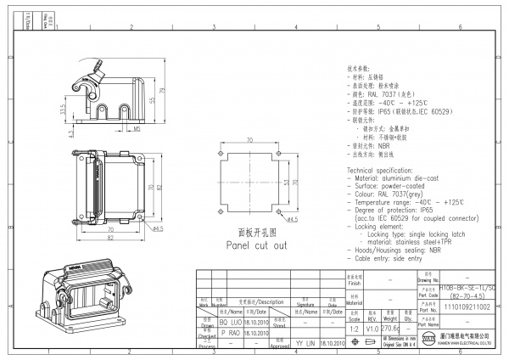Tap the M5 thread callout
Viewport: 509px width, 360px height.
click(137, 130)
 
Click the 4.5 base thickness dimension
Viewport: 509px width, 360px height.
click(71, 134)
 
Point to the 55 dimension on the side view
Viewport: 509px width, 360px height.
click(153, 100)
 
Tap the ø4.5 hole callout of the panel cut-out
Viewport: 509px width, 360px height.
click(290, 220)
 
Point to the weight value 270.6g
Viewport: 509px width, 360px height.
click(393, 327)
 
